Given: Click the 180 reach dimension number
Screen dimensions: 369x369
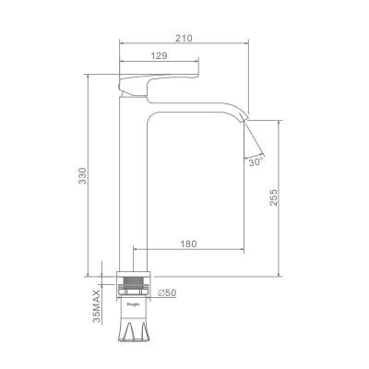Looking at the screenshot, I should pos(188,244).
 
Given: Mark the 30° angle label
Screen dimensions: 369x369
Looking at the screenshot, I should pos(256,161).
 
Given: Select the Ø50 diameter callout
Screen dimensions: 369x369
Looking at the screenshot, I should pos(167,292).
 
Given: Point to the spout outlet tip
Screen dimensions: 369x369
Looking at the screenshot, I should pos(246,117).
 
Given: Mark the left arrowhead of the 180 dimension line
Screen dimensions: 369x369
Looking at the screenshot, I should pos(137,250).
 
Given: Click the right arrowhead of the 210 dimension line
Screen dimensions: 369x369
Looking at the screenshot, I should pos(249,43).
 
